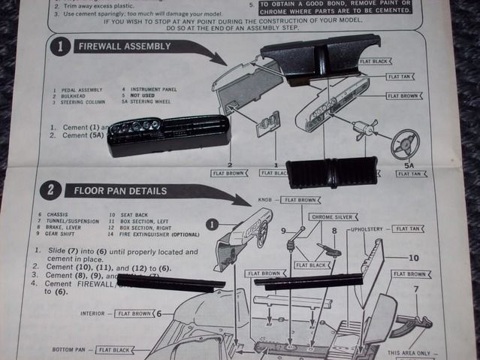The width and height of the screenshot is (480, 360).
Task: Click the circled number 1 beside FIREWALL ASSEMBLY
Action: coord(60,47)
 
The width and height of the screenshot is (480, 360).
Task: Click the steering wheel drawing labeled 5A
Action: coord(405,144)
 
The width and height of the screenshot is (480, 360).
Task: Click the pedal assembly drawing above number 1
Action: coord(268,123)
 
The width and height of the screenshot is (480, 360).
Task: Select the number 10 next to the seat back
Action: coord(413,258)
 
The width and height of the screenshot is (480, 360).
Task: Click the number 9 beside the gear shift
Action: coord(283,231)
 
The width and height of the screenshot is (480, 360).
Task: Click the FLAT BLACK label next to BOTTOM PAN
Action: coord(116,349)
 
